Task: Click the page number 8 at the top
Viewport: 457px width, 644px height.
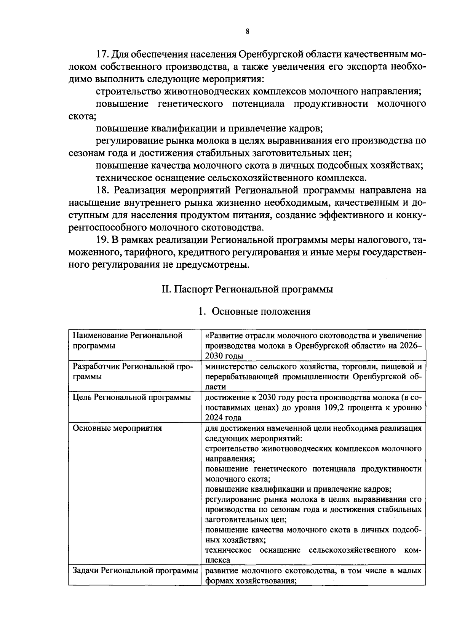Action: tap(247, 32)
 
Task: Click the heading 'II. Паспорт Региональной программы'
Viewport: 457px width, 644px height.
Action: tap(247, 289)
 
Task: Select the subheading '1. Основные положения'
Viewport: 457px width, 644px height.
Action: tap(254, 312)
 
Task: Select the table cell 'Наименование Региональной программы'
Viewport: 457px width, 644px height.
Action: tap(128, 340)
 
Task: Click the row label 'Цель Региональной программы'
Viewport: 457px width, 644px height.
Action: tap(132, 398)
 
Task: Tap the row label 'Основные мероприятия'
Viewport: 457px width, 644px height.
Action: tap(117, 428)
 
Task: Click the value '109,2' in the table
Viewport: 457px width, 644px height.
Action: tap(345, 407)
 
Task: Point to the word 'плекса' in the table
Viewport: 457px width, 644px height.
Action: tap(217, 560)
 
